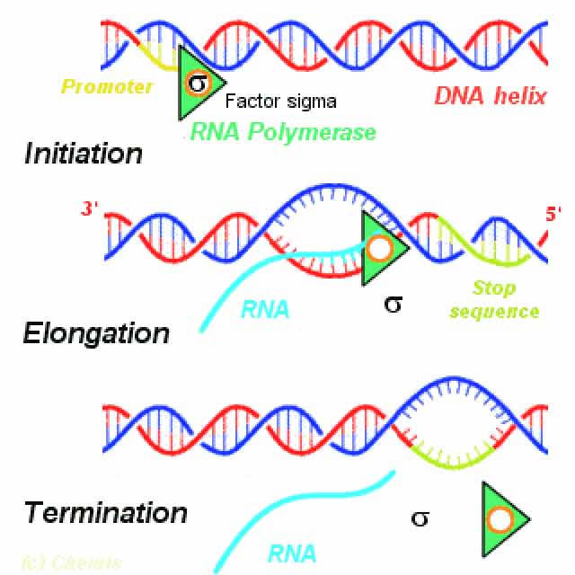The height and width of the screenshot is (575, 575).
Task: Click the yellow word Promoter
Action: coord(106,87)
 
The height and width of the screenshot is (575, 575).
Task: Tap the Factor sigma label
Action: coord(280,102)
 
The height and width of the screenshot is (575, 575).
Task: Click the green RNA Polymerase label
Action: coord(283,133)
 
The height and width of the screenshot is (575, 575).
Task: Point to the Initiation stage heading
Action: coord(83,153)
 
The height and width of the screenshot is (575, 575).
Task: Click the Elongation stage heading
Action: coord(96,333)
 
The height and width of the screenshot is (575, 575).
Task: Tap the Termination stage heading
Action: coord(106,513)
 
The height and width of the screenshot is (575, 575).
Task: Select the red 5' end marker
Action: coord(552,214)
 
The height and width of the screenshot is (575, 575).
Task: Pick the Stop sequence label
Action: coord(506,300)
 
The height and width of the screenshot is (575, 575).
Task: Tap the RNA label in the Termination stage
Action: coord(292,553)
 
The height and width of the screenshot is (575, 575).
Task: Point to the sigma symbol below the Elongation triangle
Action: coord(393,303)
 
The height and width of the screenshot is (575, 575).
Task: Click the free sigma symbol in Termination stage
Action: coord(419,517)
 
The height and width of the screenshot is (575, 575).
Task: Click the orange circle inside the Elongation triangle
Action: coord(379,248)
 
